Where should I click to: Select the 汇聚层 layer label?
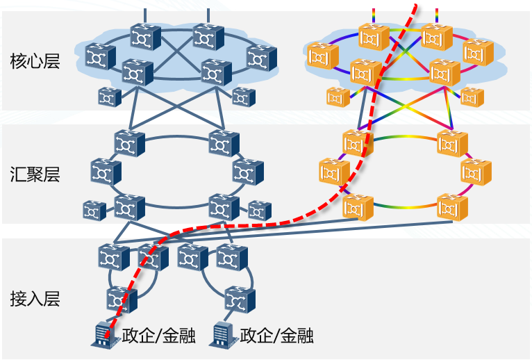(35, 174)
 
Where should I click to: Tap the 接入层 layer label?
(35, 299)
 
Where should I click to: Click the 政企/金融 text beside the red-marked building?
(158, 336)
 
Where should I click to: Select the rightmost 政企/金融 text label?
(276, 336)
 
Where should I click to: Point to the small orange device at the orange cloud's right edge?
(472, 97)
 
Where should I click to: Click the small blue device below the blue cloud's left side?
(109, 97)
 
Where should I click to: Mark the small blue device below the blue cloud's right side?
(243, 97)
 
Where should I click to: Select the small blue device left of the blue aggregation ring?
(94, 210)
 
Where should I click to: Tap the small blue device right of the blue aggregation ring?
(260, 210)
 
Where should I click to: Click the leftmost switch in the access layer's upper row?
(113, 257)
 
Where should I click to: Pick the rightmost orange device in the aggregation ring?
(476, 171)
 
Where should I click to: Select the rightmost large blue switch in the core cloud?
(262, 58)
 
